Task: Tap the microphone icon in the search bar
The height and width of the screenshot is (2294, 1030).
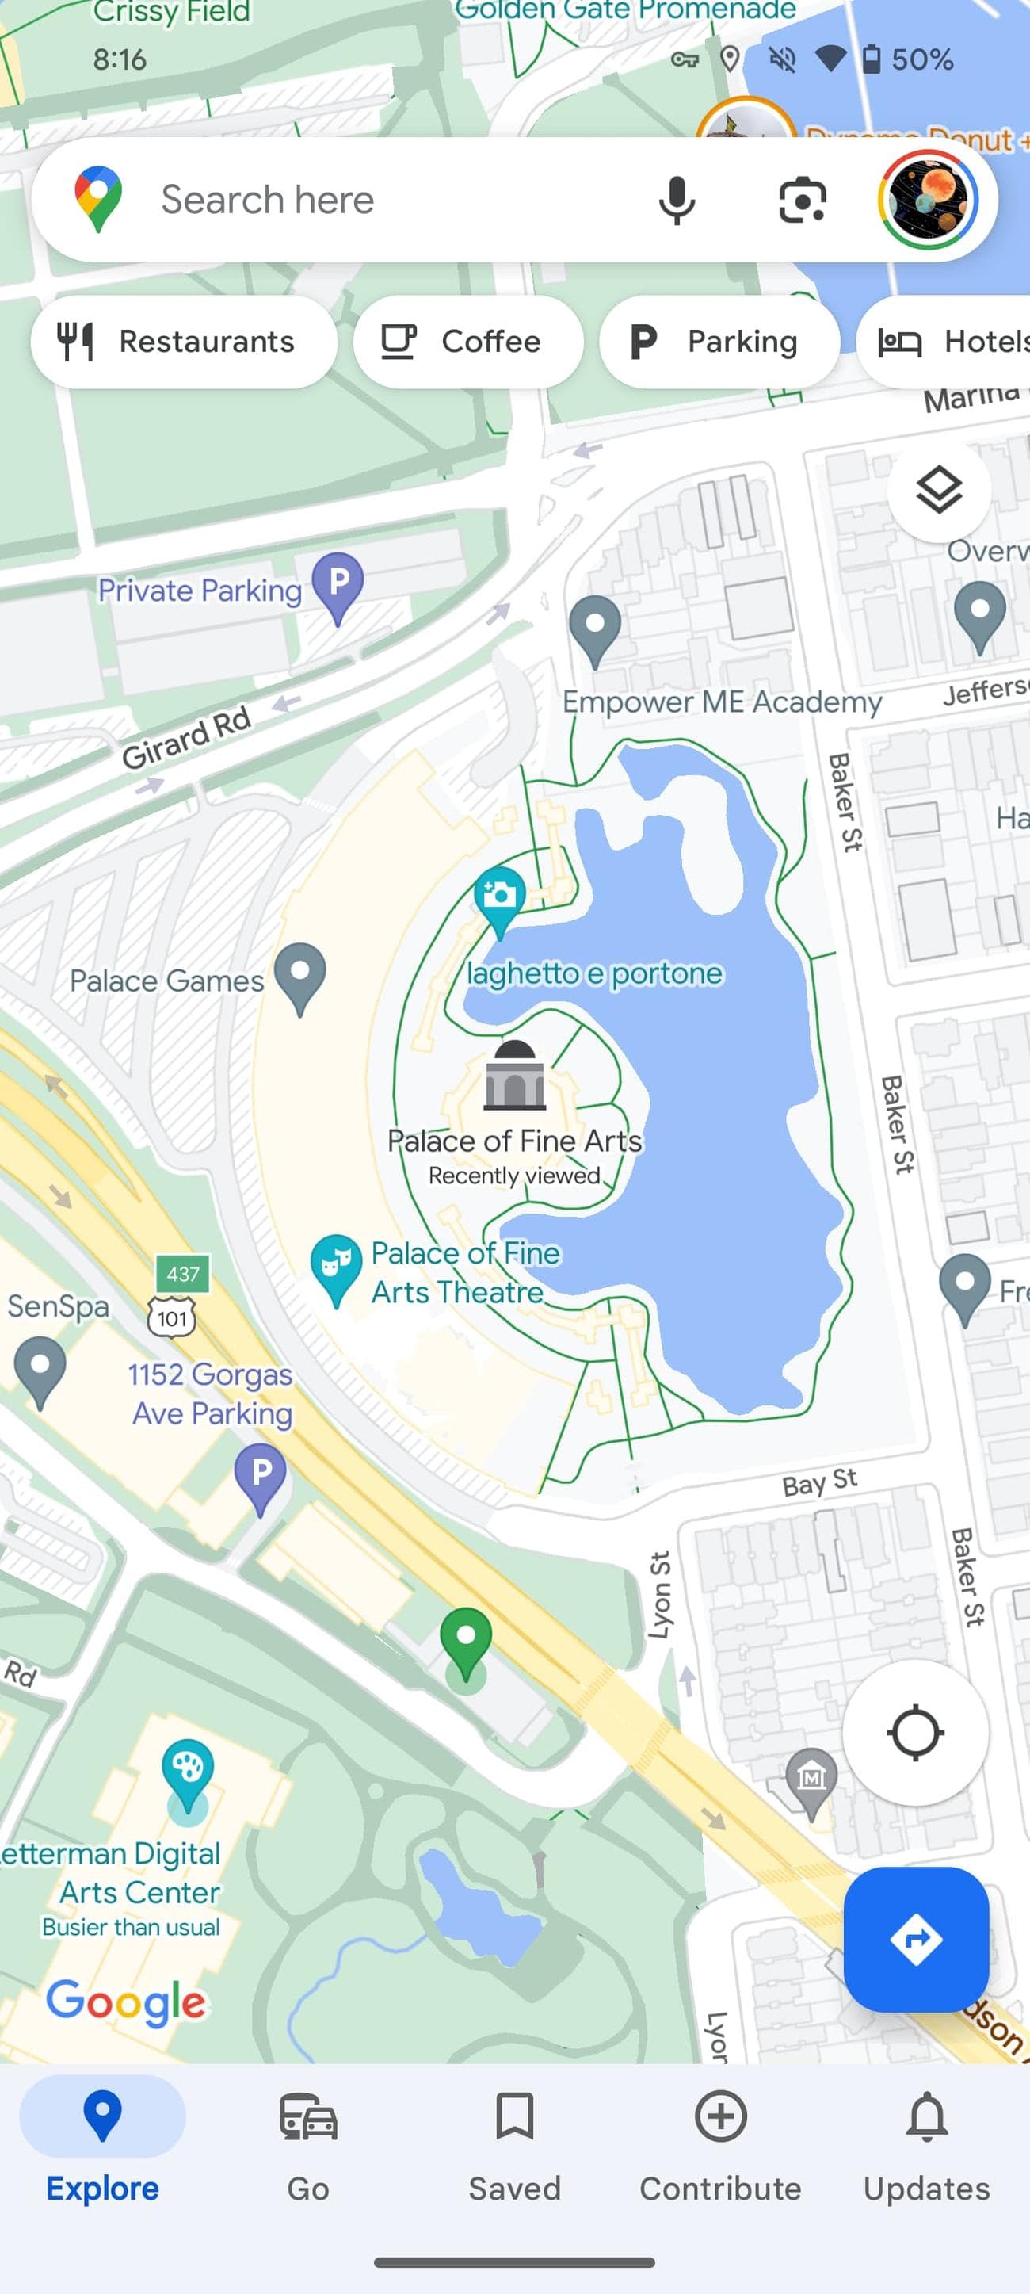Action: pyautogui.click(x=676, y=200)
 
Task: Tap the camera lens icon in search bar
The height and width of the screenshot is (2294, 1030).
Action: pyautogui.click(x=802, y=200)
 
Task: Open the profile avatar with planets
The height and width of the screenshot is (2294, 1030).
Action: pyautogui.click(x=928, y=200)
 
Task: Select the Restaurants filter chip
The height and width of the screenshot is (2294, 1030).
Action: pyautogui.click(x=183, y=341)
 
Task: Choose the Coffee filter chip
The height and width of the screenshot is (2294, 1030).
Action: pyautogui.click(x=467, y=341)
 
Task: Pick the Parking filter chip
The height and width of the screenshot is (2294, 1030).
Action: pyautogui.click(x=719, y=341)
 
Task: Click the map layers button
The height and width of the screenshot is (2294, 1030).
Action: pyautogui.click(x=938, y=490)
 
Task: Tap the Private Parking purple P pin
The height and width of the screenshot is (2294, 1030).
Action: pyautogui.click(x=338, y=584)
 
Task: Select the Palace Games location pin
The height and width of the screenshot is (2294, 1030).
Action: pyautogui.click(x=300, y=975)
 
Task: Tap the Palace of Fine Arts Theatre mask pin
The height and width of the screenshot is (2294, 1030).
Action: pyautogui.click(x=336, y=1264)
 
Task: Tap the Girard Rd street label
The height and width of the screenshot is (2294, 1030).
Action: pyautogui.click(x=186, y=737)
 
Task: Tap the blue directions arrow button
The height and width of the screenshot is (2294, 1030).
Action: pyautogui.click(x=915, y=1939)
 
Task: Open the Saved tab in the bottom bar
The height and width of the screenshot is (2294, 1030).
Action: pyautogui.click(x=514, y=2147)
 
